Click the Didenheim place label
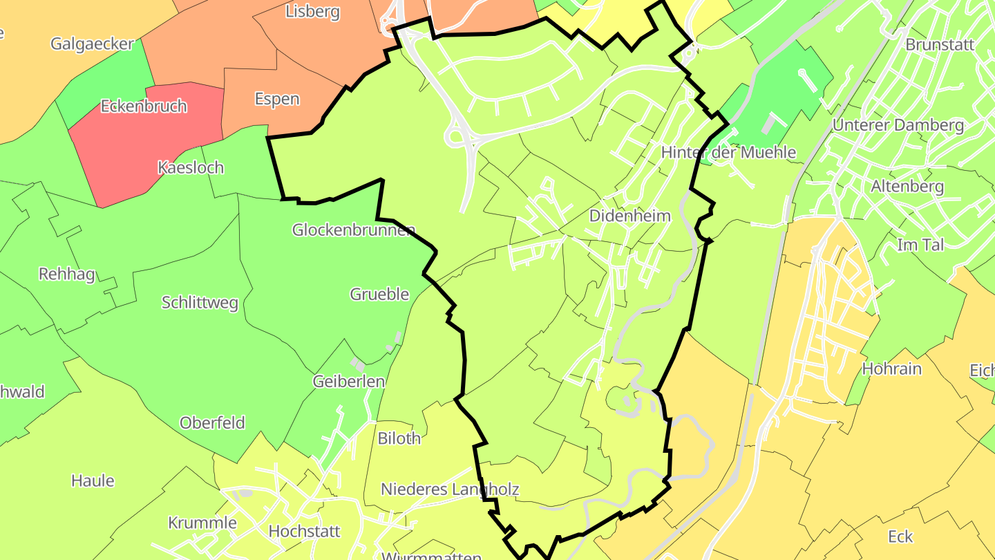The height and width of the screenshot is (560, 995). (629, 216)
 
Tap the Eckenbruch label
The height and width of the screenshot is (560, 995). (144, 106)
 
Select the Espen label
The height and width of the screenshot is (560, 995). (277, 99)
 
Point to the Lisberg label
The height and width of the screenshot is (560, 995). (313, 12)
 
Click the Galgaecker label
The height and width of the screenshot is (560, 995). (92, 44)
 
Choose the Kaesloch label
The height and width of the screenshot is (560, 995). (191, 167)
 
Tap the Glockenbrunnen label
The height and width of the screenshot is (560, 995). (353, 230)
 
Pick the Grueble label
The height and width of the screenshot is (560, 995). (379, 295)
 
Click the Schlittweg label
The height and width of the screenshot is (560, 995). (200, 303)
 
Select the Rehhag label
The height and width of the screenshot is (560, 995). (67, 274)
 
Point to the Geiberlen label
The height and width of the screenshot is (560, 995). (348, 381)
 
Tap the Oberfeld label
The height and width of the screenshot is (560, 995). (212, 422)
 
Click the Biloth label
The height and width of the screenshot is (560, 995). (399, 438)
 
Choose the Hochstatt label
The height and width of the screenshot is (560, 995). (304, 532)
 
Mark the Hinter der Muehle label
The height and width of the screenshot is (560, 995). (728, 152)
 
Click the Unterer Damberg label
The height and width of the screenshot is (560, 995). (898, 125)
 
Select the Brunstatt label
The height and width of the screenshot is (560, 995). (940, 45)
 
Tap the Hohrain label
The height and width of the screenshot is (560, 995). (891, 368)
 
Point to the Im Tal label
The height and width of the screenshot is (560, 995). (920, 244)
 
